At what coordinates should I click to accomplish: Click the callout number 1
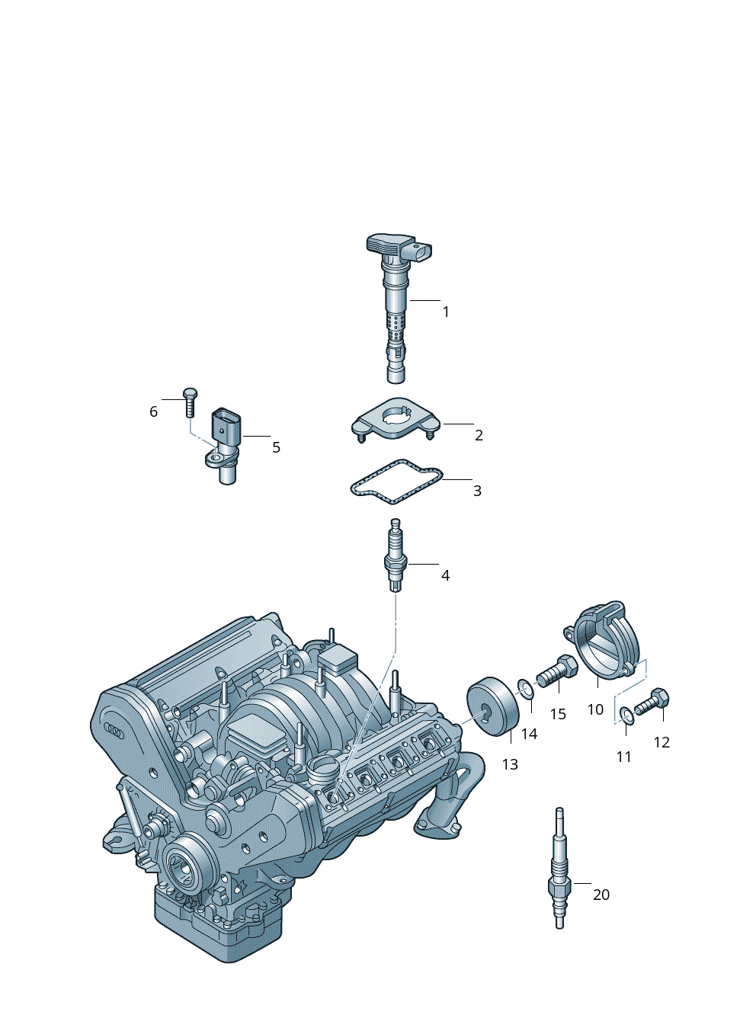coord(446,312)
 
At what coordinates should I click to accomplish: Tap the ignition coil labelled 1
coord(396,307)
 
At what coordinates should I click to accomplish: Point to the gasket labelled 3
coord(396,482)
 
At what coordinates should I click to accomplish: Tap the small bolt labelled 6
coord(190,402)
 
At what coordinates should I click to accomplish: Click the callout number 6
coord(153,411)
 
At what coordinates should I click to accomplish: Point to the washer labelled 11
coord(627,717)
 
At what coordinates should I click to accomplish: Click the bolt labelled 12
coord(652,703)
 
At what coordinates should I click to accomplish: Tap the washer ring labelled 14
coord(527,689)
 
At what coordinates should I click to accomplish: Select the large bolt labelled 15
coord(557,671)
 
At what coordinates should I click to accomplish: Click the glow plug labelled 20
coord(559,876)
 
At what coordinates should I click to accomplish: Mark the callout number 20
coord(601,895)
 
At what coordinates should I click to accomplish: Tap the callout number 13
coord(510,764)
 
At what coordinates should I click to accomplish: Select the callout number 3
coord(477,491)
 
